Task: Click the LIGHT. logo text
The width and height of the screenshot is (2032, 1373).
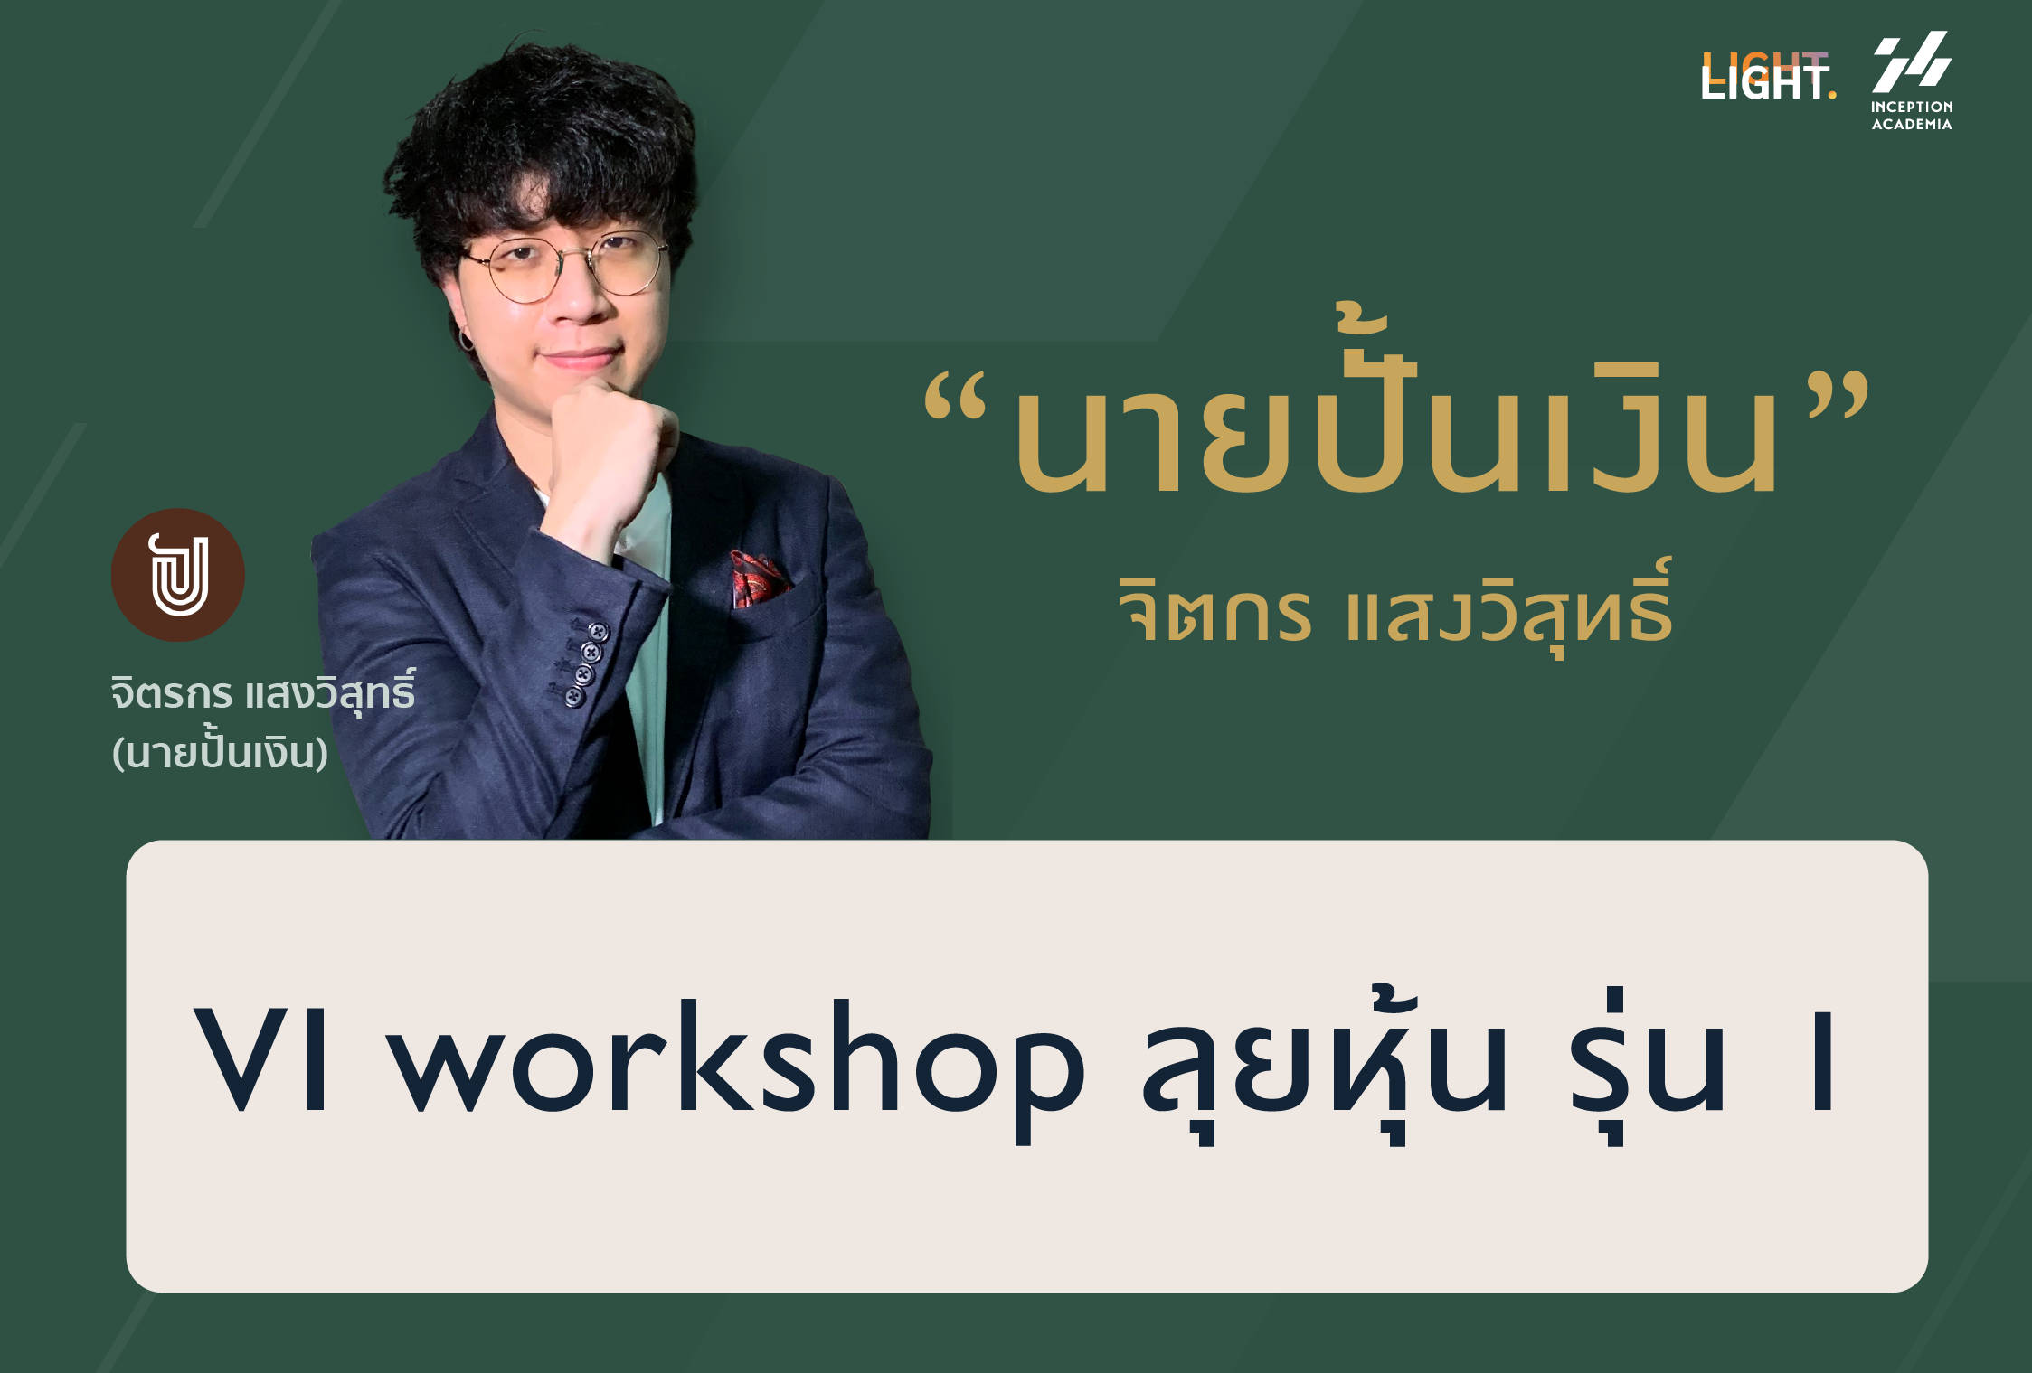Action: coord(1768,76)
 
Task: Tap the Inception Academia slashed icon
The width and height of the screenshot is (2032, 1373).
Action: coord(1912,61)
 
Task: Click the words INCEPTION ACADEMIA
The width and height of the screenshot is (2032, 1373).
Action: coord(1912,116)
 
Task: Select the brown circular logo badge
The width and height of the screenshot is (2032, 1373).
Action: coord(178,575)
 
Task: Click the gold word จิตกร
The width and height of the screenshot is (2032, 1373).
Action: coord(1214,611)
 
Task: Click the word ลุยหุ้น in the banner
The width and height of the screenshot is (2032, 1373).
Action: coord(1325,1067)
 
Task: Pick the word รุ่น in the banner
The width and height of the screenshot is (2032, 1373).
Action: coord(1646,1067)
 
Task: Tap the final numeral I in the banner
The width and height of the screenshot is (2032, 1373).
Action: coord(1822,1061)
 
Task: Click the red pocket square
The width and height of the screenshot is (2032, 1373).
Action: coord(758,578)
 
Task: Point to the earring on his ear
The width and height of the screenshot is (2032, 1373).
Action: coord(467,340)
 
